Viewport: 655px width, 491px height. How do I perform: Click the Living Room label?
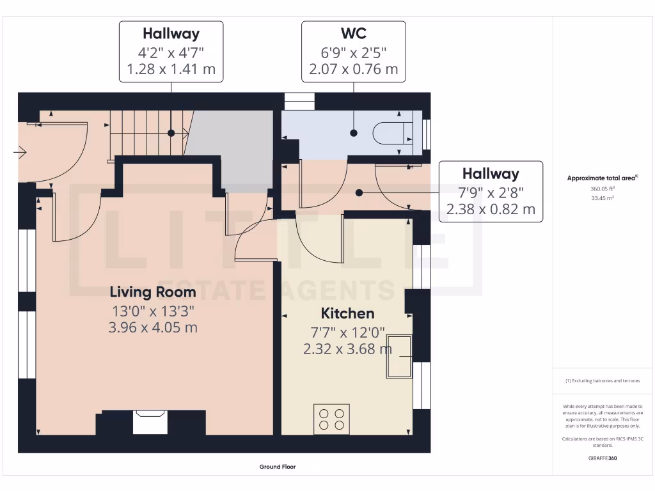(153, 292)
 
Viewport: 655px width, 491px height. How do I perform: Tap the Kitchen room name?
(347, 313)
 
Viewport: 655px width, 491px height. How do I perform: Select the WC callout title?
(353, 33)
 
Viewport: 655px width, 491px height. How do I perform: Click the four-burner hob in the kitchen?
(331, 419)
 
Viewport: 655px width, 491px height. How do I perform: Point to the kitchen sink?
(399, 356)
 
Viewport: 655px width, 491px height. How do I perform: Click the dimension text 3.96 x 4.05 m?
(153, 327)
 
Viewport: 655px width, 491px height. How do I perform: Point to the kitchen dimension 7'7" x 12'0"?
(347, 332)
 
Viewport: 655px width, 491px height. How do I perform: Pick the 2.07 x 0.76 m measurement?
(353, 69)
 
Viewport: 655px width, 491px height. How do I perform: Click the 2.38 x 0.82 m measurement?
(491, 208)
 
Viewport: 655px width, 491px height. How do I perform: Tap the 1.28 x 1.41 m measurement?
(171, 69)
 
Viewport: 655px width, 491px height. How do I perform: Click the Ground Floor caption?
(278, 467)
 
